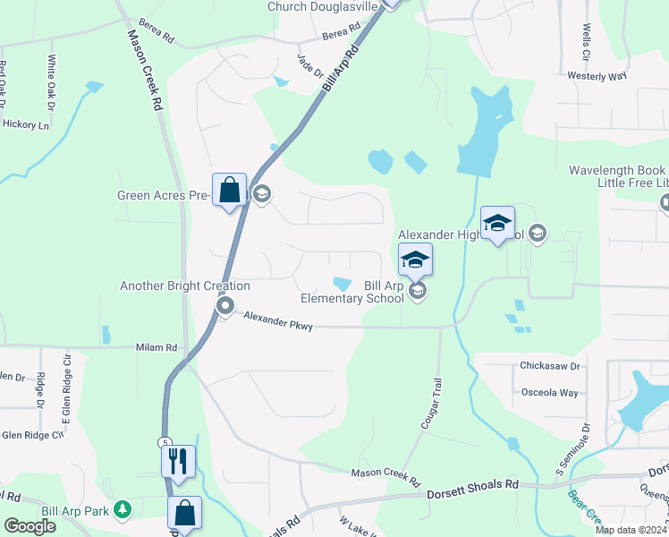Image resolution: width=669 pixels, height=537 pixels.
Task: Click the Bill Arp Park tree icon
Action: [122, 510]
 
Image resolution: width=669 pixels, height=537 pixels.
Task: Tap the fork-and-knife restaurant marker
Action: [177, 461]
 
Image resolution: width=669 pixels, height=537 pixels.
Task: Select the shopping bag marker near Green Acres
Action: [229, 190]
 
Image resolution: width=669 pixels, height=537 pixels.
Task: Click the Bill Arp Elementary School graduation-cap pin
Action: [415, 261]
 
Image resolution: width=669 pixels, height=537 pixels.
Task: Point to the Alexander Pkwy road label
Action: [278, 321]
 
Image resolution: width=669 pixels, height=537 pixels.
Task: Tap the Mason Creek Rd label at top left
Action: [145, 70]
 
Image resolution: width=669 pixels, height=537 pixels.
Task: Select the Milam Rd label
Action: [157, 347]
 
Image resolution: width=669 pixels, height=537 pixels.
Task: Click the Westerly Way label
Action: [597, 76]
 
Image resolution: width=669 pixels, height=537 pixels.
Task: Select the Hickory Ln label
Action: [26, 125]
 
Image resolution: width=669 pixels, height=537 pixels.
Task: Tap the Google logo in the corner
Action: [30, 526]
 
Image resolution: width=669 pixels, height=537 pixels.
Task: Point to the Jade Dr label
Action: [309, 64]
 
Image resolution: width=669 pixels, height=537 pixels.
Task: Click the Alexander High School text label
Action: [461, 234]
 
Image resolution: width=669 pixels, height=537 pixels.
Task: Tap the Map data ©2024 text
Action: [630, 530]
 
